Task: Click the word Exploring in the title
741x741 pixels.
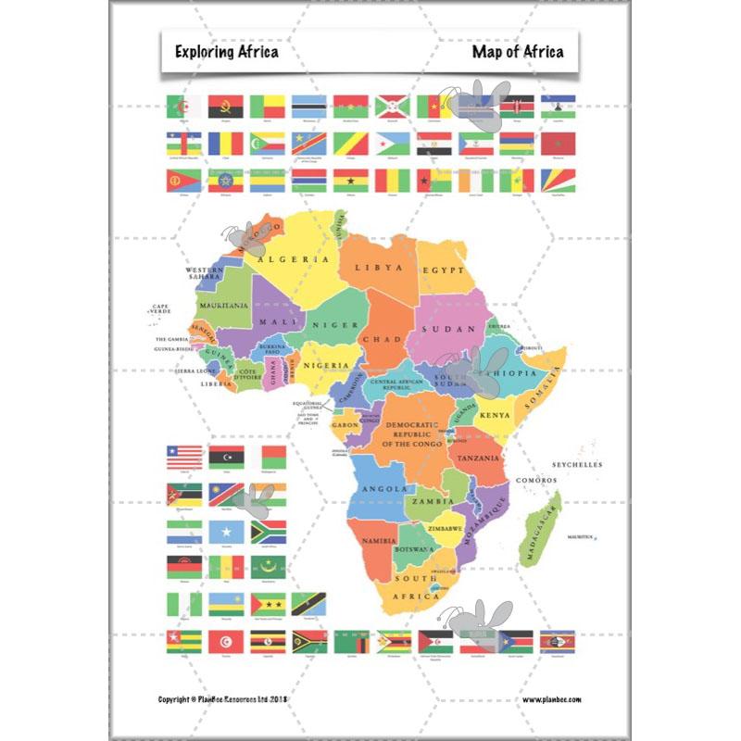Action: [201, 52]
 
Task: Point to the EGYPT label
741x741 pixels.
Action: [443, 270]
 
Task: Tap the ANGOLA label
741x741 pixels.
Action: [383, 489]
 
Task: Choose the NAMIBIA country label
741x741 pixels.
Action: [380, 540]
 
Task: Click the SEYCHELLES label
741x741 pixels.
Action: [577, 465]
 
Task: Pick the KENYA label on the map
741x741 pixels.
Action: [495, 416]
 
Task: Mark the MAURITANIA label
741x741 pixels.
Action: [222, 305]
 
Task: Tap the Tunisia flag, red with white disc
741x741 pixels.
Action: [225, 641]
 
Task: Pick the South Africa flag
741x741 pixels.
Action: [269, 531]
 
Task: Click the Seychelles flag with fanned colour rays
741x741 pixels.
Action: [559, 180]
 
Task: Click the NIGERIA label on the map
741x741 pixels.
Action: [328, 365]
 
